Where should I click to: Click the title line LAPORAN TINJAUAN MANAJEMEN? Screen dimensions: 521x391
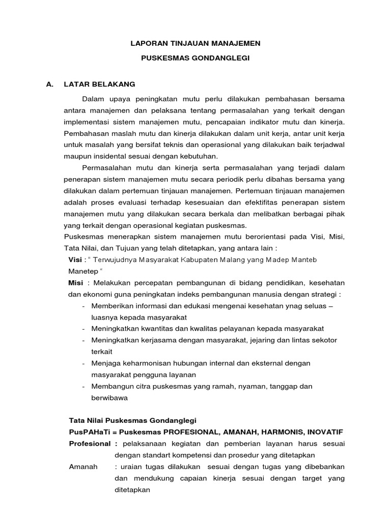coord(195,44)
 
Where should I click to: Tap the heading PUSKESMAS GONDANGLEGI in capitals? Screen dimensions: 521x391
coord(195,59)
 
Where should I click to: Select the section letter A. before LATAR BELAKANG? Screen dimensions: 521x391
coord(49,84)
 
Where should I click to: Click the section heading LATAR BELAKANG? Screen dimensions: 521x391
coord(99,84)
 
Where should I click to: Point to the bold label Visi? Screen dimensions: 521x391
coord(75,259)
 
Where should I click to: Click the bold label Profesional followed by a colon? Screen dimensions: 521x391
coord(90,444)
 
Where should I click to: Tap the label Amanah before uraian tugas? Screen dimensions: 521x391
coord(83,467)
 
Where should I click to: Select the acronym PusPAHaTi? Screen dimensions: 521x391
coord(88,432)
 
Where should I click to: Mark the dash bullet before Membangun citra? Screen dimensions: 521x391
coord(83,386)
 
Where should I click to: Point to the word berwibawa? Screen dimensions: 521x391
coord(109,398)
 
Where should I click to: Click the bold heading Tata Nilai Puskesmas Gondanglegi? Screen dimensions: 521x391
coord(132,421)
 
